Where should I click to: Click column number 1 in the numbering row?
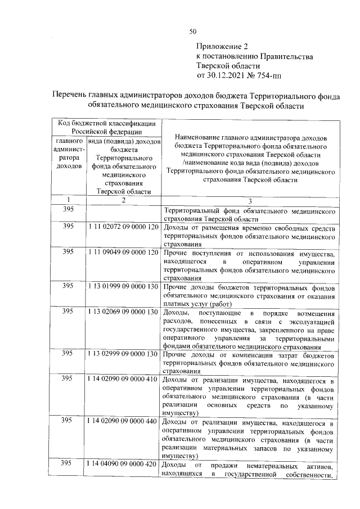[67, 200]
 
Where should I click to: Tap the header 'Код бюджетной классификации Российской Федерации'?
[105, 128]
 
